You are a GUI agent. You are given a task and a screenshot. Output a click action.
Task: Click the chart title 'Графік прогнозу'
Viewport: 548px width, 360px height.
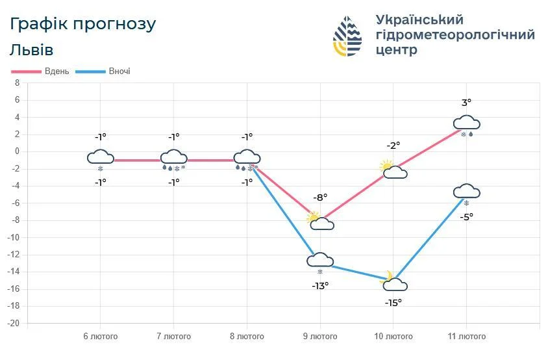(83, 24)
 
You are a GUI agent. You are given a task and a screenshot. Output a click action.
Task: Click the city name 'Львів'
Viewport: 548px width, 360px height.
(32, 50)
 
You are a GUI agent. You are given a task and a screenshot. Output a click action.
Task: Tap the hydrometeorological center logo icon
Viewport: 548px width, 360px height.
(347, 36)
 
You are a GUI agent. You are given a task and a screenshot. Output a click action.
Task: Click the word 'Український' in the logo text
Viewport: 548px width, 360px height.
(419, 19)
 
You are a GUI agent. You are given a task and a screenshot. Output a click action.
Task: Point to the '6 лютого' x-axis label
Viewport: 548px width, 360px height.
(101, 336)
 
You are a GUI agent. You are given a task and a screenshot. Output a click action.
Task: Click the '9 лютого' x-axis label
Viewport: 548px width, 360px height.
(319, 336)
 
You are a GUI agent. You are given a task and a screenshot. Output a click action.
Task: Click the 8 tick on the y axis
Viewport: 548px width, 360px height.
(18, 83)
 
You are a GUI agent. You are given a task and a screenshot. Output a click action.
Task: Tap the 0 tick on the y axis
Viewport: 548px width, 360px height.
(18, 151)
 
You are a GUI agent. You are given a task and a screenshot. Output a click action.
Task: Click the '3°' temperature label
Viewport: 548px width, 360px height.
(466, 102)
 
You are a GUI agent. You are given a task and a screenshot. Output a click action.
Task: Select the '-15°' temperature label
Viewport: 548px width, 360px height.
(393, 302)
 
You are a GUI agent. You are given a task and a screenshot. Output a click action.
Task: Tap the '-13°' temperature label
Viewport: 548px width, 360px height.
(320, 285)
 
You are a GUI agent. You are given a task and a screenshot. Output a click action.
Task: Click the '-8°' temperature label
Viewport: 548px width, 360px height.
(321, 197)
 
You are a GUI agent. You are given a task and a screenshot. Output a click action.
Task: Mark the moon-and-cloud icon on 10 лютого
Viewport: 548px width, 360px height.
(393, 281)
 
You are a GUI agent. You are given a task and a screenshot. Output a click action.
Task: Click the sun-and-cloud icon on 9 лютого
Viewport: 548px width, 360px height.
(320, 221)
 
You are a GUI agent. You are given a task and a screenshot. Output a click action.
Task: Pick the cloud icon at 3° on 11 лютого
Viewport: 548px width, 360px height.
(466, 123)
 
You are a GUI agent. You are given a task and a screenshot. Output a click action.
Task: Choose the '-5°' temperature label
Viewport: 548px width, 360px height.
(466, 216)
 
